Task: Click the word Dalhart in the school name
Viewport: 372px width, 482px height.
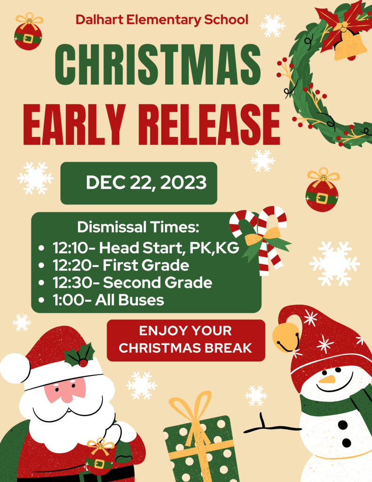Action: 99,20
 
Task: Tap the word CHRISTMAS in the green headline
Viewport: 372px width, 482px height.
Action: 158,64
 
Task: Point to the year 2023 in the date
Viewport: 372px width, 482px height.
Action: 183,182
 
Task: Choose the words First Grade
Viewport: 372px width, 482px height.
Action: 146,265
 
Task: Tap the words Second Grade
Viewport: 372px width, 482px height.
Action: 158,282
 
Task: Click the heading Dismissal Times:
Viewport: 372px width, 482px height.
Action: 138,227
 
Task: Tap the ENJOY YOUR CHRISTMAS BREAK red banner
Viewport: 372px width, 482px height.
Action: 186,340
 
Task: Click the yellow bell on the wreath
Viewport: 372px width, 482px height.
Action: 350,46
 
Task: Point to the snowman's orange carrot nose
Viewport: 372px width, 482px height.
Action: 327,379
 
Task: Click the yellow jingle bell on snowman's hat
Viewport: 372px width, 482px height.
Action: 285,337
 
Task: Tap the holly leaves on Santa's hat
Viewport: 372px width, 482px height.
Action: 79,355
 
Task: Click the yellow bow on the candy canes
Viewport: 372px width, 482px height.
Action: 262,237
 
